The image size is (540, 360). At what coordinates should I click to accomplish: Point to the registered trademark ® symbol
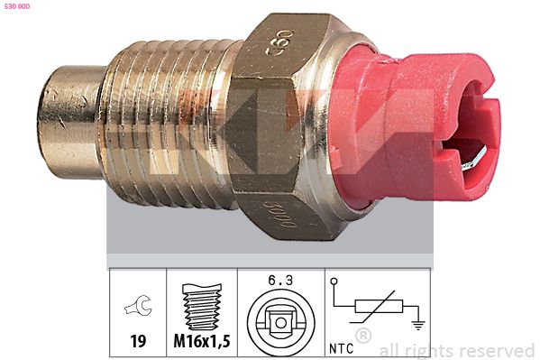point(363,337)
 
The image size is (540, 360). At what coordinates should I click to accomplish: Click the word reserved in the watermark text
point(496,350)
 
